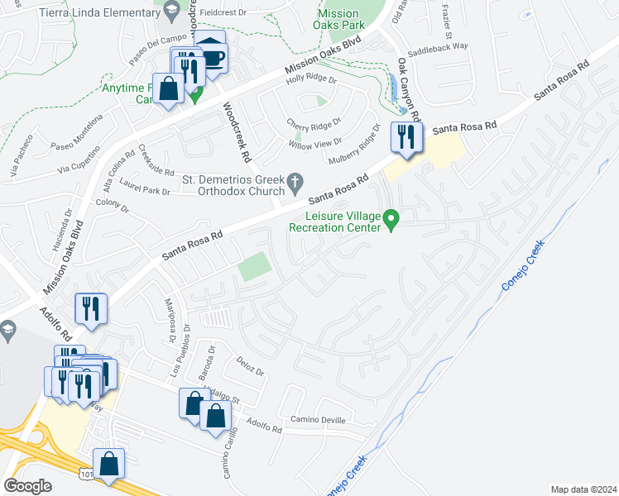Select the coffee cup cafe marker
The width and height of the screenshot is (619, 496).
214,57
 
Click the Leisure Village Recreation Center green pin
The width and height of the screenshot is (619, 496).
393,221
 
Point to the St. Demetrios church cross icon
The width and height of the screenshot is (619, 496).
294,180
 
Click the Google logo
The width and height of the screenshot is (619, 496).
27,486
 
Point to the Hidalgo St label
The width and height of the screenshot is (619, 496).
220,398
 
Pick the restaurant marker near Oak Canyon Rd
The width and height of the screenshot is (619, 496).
405,138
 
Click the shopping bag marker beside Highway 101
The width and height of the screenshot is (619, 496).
109,465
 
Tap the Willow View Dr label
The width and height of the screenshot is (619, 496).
313,145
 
